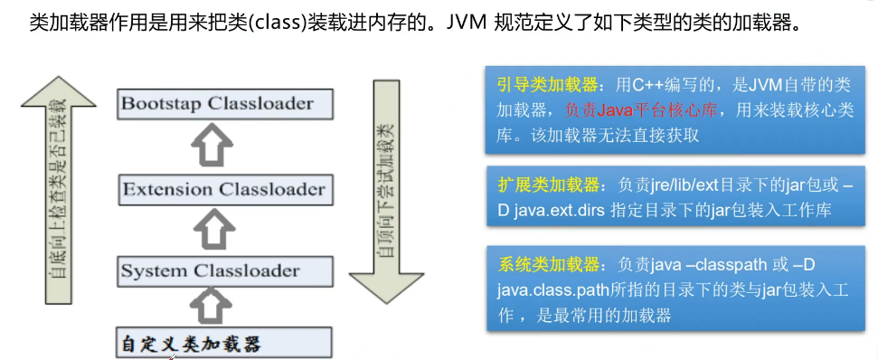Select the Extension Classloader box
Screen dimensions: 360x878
point(222,190)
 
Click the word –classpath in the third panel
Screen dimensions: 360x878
point(714,266)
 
